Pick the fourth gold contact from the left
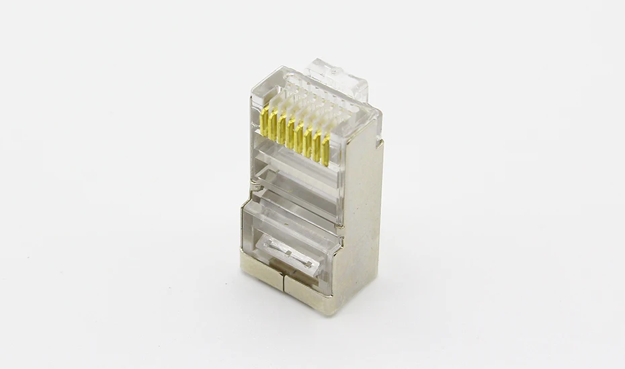[x=291, y=134]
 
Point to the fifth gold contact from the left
[x=300, y=139]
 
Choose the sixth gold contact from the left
[x=308, y=144]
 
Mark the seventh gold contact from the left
[x=317, y=148]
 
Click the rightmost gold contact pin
[x=325, y=153]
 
